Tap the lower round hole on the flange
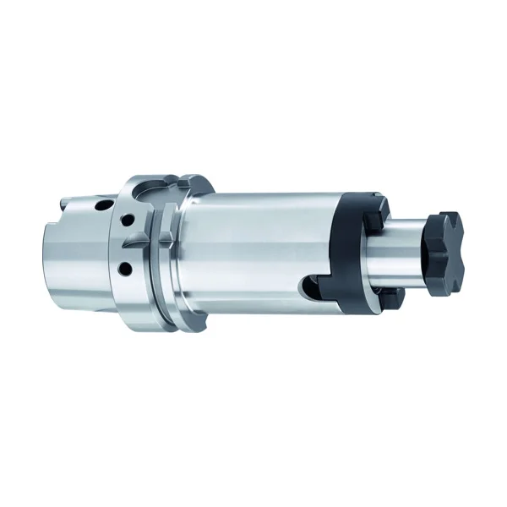pos(126,269)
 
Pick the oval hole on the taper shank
pos(101,205)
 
